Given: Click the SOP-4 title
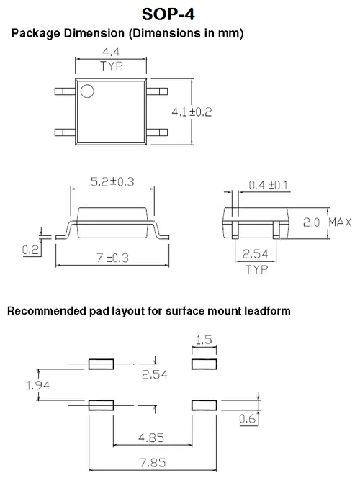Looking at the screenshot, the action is [168, 14].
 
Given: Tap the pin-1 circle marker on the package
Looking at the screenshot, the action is [87, 91].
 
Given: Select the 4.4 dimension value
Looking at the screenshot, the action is [111, 52].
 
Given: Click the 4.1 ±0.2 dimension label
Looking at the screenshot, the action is [192, 112].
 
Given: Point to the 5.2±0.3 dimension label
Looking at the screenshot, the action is [112, 181].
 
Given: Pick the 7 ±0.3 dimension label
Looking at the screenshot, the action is [112, 258].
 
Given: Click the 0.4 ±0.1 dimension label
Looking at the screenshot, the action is [269, 185].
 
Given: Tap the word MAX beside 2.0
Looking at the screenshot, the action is [340, 222].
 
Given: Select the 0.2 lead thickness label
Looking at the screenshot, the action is [30, 250].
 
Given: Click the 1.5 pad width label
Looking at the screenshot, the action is [204, 340].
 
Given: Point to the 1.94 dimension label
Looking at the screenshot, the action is [38, 385].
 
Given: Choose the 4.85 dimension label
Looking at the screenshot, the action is [151, 438].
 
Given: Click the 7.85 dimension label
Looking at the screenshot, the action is [153, 463].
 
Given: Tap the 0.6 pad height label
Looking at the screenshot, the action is [248, 419].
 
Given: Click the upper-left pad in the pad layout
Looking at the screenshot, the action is [101, 364].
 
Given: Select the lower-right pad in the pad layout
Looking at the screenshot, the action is [204, 405].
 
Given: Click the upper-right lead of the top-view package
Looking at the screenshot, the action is [157, 91].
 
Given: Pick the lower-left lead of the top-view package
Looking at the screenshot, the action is [65, 132].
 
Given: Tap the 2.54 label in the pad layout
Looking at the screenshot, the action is [154, 374].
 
